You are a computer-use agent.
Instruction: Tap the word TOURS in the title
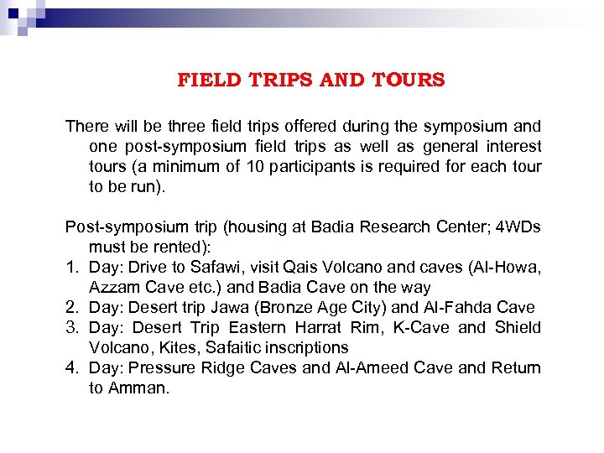409,81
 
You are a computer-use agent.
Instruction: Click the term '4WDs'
516,227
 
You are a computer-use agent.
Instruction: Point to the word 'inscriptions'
308,348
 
